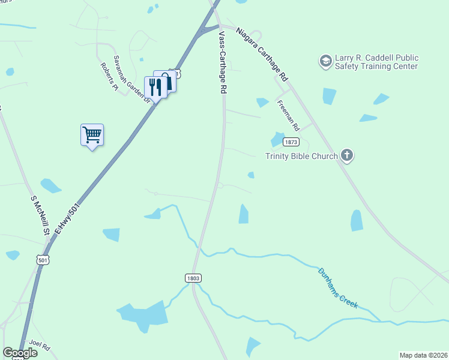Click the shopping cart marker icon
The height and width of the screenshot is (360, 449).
click(92, 134)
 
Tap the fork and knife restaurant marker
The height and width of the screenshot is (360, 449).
click(155, 88)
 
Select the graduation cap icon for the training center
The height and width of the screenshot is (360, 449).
click(325, 61)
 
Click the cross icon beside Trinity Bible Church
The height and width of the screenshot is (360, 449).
click(346, 156)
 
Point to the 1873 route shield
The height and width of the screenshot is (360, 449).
click(291, 142)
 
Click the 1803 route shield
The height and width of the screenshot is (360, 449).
click(192, 278)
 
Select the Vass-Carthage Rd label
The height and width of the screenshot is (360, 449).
click(223, 62)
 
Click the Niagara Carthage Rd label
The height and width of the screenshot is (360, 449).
click(262, 54)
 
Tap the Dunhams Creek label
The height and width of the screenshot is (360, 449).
click(338, 288)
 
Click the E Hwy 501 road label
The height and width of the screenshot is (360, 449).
click(67, 218)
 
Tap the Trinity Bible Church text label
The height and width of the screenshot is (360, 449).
click(301, 156)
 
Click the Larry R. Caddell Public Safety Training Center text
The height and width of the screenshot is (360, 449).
click(376, 62)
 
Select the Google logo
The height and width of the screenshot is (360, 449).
click(20, 353)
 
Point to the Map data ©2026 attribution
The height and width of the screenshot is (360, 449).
click(423, 355)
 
